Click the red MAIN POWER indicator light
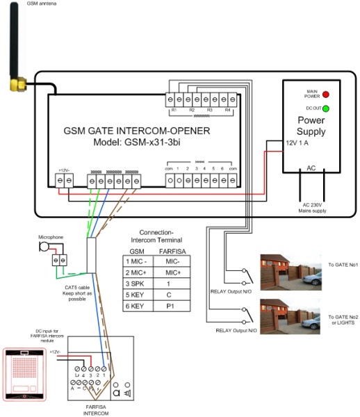point(325,93)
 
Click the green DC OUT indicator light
point(325,108)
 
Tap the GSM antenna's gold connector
point(15,85)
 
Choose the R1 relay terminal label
point(174,111)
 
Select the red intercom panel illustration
point(26,373)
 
